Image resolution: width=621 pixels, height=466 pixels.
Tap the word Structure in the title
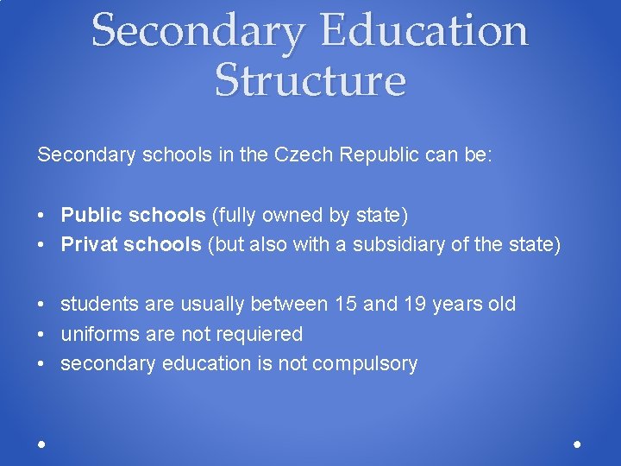click(310, 80)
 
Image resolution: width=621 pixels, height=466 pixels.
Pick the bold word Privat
click(89, 245)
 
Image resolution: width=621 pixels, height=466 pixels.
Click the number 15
click(345, 305)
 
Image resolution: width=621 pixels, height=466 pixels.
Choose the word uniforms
click(95, 335)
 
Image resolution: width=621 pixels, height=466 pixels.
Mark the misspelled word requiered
click(262, 335)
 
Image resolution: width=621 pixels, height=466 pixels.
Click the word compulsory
click(365, 364)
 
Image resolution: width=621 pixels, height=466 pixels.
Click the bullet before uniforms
click(41, 335)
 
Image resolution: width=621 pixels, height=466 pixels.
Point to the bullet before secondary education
click(41, 364)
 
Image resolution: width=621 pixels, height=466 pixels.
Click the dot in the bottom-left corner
click(41, 444)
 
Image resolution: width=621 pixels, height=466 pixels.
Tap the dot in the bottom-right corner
click(577, 444)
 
